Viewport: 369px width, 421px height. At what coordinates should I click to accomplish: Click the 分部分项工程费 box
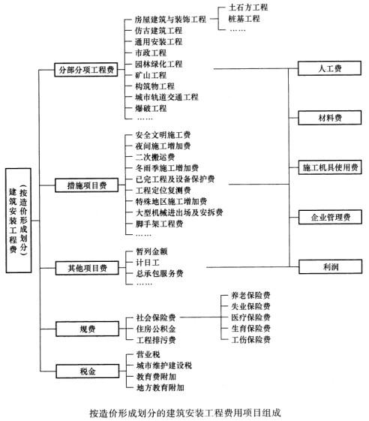[x=86, y=70]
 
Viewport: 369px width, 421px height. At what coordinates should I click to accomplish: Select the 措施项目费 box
[x=87, y=185]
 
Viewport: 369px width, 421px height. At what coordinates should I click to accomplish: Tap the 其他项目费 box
[x=87, y=268]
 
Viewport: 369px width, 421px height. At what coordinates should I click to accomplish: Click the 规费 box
[x=88, y=329]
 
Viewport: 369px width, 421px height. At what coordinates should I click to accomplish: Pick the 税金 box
[x=88, y=371]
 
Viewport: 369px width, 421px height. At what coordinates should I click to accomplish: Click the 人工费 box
[x=329, y=68]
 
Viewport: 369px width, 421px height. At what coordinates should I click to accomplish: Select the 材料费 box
[x=330, y=118]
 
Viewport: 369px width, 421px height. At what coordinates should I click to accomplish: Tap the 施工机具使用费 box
[x=330, y=167]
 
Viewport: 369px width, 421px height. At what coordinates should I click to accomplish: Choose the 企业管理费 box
[x=330, y=217]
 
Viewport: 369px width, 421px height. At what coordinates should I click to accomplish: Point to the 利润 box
[x=331, y=266]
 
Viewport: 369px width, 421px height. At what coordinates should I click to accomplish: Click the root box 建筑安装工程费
[x=19, y=221]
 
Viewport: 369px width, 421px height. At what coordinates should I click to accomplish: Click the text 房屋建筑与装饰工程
[x=170, y=20]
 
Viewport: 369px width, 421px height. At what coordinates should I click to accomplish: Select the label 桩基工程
[x=244, y=19]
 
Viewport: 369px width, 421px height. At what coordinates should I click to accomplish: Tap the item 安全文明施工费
[x=163, y=135]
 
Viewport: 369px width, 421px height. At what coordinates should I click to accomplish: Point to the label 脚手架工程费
[x=160, y=224]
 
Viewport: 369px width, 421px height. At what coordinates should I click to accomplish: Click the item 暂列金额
[x=152, y=251]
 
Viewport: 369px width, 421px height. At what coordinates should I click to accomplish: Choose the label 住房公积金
[x=156, y=329]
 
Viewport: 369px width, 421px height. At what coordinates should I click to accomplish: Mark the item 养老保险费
[x=251, y=296]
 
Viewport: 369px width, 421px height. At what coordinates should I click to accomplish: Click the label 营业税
[x=148, y=354]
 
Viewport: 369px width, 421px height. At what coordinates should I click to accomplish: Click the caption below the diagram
[x=185, y=413]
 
